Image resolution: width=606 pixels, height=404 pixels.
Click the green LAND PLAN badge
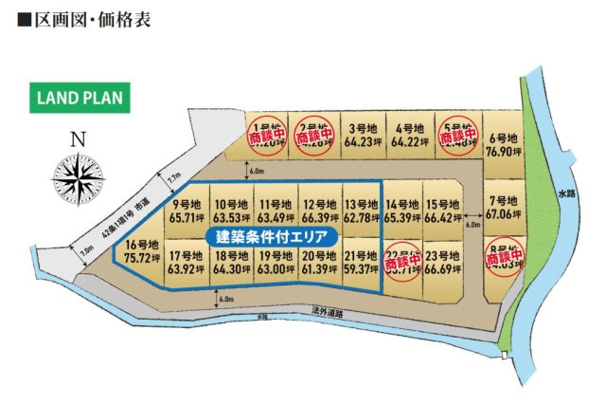80,98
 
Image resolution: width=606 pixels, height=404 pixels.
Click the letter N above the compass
80,140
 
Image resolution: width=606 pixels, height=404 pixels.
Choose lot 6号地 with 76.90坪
503,145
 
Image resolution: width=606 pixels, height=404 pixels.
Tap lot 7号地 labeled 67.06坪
503,208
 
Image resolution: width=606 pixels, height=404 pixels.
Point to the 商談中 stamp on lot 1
266,137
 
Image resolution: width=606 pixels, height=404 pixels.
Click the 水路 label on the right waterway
566,193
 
